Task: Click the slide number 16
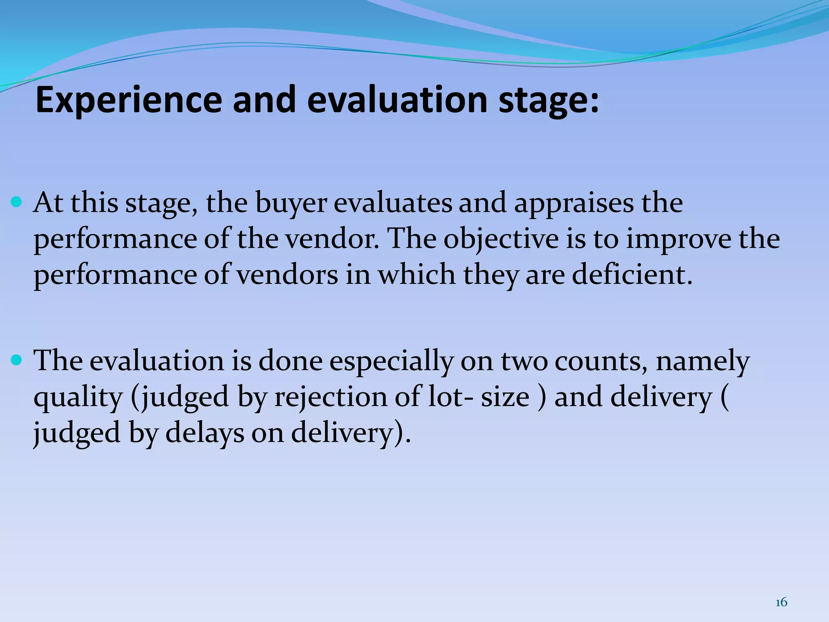pyautogui.click(x=781, y=603)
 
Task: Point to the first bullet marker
pyautogui.click(x=17, y=201)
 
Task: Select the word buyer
pyautogui.click(x=291, y=204)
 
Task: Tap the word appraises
pyautogui.click(x=574, y=204)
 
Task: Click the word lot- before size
pyautogui.click(x=451, y=397)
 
